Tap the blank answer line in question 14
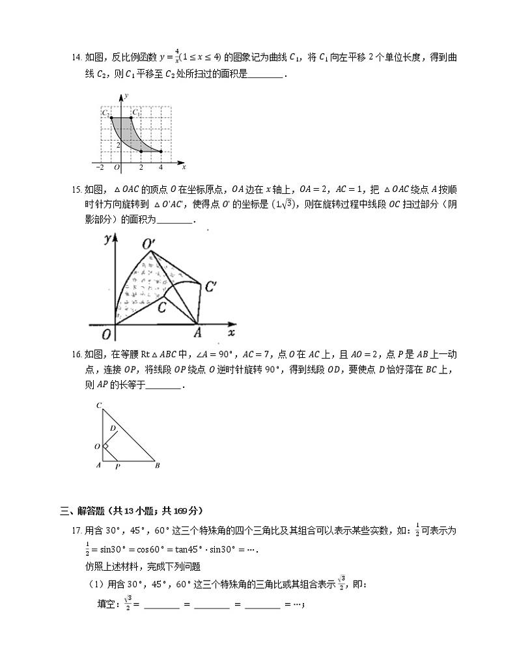point(266,75)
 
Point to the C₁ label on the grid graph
point(136,113)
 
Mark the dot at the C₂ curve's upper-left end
point(111,118)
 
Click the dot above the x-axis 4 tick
point(161,151)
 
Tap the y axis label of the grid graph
point(126,95)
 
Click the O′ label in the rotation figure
point(148,243)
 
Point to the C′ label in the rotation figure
point(210,286)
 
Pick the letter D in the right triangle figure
point(113,428)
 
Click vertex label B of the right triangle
point(156,465)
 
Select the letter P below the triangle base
point(117,466)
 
